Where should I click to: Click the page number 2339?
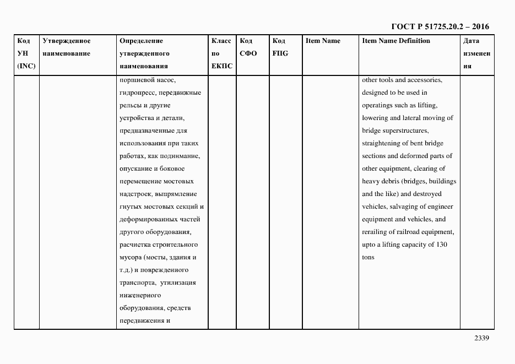click(x=481, y=339)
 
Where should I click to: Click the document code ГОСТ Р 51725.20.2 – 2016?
click(x=440, y=26)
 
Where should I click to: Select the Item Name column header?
click(x=323, y=41)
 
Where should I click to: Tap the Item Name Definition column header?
click(x=396, y=41)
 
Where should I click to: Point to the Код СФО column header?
click(x=248, y=47)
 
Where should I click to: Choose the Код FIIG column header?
click(x=280, y=47)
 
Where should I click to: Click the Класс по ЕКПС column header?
click(x=222, y=53)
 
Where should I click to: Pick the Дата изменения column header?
click(x=475, y=53)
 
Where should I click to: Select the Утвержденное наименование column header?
click(x=67, y=47)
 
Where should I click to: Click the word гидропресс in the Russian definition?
click(x=135, y=93)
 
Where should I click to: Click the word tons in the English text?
click(x=368, y=257)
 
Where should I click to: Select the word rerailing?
click(x=377, y=232)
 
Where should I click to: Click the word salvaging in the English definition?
click(x=405, y=207)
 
